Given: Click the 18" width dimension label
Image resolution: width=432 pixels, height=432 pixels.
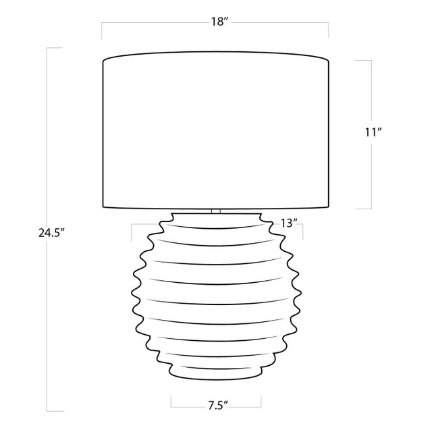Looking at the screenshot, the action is [x=219, y=22].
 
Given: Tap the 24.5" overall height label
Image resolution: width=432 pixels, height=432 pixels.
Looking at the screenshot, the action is [x=51, y=233].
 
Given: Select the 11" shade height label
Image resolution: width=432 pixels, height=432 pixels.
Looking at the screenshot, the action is [x=373, y=132].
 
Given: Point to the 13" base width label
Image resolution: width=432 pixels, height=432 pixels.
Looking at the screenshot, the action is [x=289, y=223].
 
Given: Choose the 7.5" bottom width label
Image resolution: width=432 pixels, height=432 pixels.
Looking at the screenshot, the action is [x=218, y=406].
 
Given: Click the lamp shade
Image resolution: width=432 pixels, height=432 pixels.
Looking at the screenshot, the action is [x=216, y=130].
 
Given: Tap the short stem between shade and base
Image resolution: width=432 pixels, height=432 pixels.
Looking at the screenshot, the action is [x=216, y=211].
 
